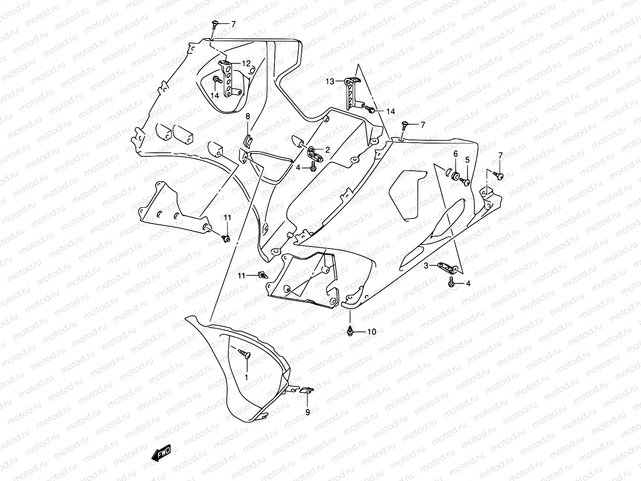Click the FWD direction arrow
pos(161,453)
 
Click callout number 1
pos(246,377)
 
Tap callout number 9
pos(308,412)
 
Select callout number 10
pos(372,331)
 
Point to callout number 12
pos(246,63)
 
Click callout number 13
pos(330,81)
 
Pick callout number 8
pos(248,116)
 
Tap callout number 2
pos(328,150)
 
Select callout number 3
pos(426,266)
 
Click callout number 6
pos(456,154)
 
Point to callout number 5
pos(467,160)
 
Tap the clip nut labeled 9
pos(306,389)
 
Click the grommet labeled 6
pos(455,176)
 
